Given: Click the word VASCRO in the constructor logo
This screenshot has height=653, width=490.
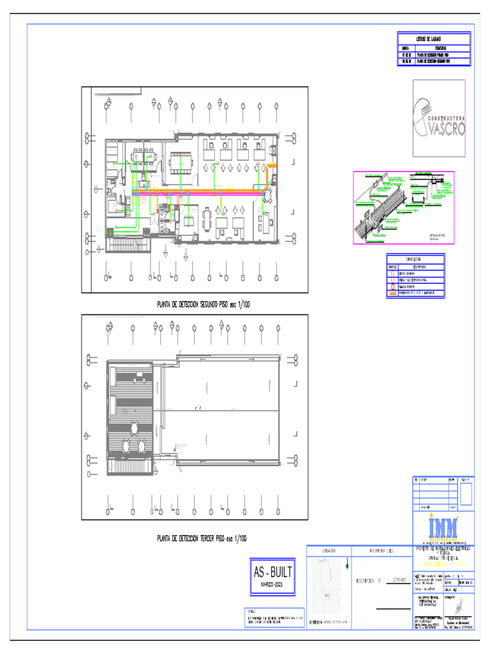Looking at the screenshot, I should pos(446,129).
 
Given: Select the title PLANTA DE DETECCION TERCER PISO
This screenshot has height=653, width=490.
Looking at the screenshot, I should pos(202,539).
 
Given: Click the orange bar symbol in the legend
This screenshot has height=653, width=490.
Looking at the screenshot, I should pos(393,293).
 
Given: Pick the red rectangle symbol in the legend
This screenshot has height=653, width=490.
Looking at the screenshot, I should pos(393,286).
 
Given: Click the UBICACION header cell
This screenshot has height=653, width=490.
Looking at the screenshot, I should pos(329,550).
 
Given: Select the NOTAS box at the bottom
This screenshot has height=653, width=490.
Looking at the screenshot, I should pos(272,616).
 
